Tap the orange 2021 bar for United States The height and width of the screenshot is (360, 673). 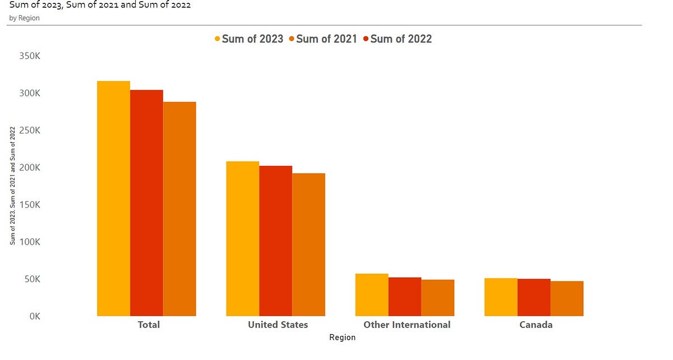[x=308, y=244]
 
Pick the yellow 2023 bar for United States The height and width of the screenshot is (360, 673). [x=242, y=238]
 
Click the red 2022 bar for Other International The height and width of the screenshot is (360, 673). [x=404, y=297]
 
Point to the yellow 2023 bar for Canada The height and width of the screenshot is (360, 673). [x=501, y=297]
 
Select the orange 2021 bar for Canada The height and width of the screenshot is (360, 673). [x=567, y=298]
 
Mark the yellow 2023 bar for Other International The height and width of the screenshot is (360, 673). [x=372, y=295]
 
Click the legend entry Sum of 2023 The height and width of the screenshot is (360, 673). [x=248, y=39]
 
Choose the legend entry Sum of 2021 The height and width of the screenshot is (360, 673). [x=322, y=39]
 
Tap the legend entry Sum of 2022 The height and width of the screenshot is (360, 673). [x=397, y=39]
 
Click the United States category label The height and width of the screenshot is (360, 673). [x=278, y=325]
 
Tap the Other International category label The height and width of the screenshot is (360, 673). [x=407, y=325]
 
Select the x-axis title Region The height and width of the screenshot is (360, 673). [x=342, y=338]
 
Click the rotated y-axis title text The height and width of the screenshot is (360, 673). [x=12, y=185]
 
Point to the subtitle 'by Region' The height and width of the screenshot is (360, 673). [x=24, y=18]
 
